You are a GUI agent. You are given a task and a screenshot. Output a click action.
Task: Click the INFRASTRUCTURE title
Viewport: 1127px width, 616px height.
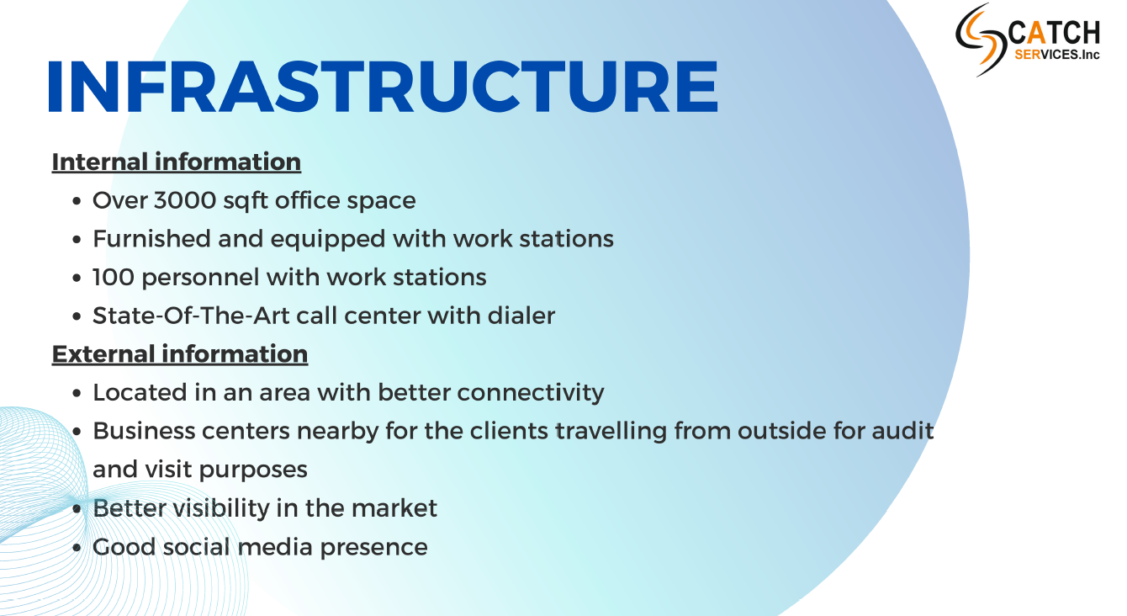click(x=383, y=87)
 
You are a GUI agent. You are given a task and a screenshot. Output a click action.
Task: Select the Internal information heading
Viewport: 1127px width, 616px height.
click(x=177, y=162)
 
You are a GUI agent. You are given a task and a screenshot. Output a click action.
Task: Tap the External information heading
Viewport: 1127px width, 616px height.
click(x=180, y=354)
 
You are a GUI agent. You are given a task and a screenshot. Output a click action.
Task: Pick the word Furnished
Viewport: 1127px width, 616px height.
click(x=151, y=238)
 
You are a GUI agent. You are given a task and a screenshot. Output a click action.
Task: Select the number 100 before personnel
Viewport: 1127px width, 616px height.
click(x=114, y=278)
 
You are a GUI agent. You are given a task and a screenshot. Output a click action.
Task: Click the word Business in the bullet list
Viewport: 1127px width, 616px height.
click(x=144, y=432)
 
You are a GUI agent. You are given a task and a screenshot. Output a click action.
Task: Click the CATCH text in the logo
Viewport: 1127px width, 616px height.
click(x=1054, y=33)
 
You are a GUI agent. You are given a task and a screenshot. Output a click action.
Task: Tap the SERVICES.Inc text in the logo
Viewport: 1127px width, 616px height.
click(x=1056, y=55)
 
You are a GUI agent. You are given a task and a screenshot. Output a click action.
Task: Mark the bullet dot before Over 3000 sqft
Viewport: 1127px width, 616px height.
click(x=77, y=201)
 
